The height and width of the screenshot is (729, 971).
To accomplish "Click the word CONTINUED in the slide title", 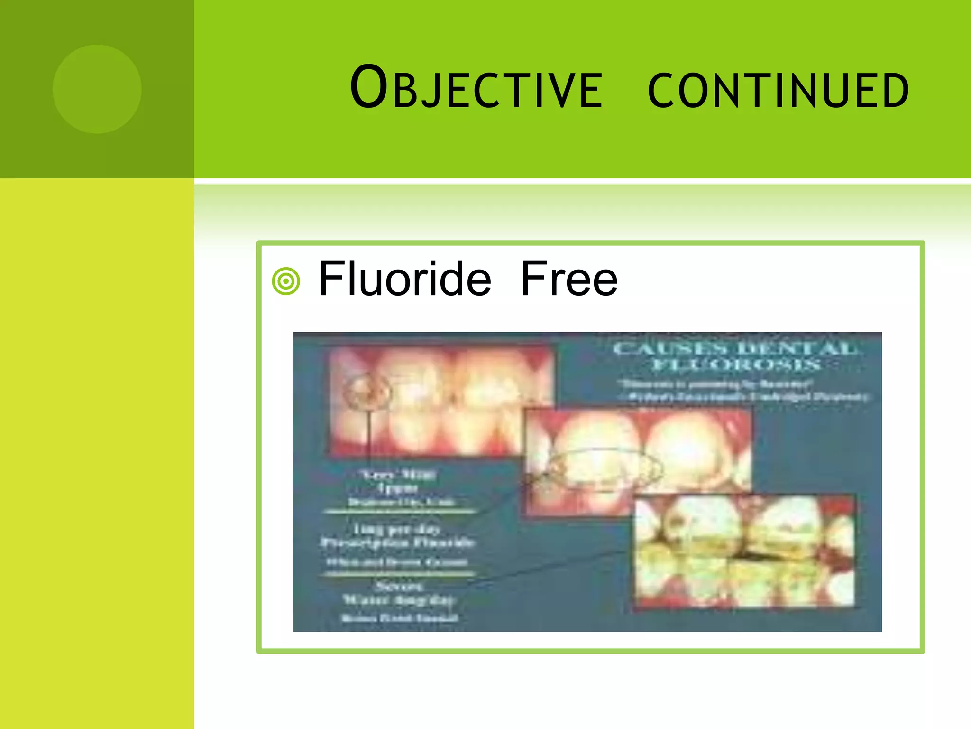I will [778, 90].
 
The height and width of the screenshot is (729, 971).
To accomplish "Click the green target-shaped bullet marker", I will [286, 281].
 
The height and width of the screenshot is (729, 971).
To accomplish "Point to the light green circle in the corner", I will [97, 89].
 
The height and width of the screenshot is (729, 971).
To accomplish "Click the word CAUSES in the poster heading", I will [670, 349].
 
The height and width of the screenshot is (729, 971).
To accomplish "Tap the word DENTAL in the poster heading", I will [797, 349].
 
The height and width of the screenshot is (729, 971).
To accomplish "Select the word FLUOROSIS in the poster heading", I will [736, 364].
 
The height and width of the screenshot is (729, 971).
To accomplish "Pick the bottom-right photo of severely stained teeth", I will [744, 551].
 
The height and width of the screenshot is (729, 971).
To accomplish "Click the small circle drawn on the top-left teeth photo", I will [367, 392].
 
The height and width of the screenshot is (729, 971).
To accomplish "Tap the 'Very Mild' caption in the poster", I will [398, 474].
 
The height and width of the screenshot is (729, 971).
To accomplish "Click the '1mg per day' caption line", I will [397, 529].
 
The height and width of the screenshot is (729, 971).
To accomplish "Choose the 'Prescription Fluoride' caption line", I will [397, 542].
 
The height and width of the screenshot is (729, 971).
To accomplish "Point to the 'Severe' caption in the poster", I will [398, 587].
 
